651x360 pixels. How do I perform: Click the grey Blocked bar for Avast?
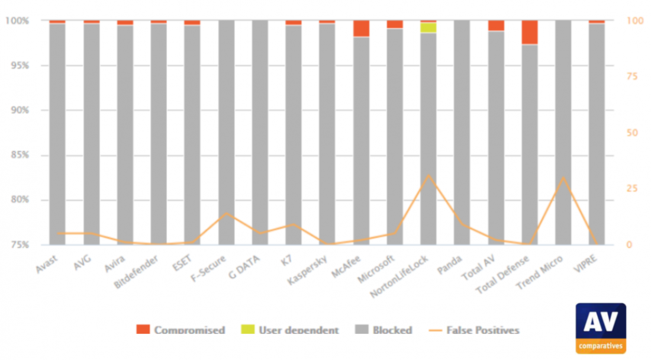coord(57,133)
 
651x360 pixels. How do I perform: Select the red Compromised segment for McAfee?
coord(361,28)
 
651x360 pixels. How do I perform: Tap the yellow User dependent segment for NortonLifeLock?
coord(428,27)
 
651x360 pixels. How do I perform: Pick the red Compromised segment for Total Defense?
coord(530,32)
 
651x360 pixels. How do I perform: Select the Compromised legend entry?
coord(181,330)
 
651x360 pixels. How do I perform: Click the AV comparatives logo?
coord(600,328)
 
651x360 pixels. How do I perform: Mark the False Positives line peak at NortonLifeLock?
coord(428,175)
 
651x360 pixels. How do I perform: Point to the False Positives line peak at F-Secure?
coord(226,213)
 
